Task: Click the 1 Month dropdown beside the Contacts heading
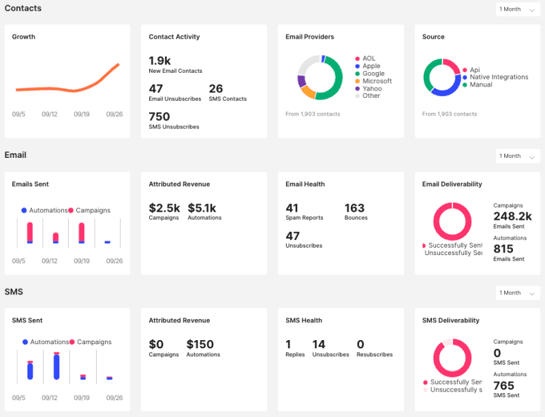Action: click(518, 10)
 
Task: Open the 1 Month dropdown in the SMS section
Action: click(518, 293)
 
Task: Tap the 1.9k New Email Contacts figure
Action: click(159, 61)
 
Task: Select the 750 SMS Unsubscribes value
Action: click(159, 117)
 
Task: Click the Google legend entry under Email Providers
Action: click(373, 73)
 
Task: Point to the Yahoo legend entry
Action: click(372, 88)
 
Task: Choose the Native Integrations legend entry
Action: click(499, 78)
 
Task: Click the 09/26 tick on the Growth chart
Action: click(114, 114)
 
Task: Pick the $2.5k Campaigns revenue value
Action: click(164, 208)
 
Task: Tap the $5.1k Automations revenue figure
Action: click(202, 208)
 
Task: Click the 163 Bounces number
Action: click(354, 208)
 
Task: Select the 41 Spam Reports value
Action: click(292, 208)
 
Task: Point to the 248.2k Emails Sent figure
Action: click(512, 216)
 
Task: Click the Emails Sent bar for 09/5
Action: click(29, 233)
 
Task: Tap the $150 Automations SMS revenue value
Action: click(200, 345)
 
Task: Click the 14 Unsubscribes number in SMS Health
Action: click(319, 345)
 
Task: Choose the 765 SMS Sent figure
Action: click(503, 386)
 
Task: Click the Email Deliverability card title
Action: click(452, 184)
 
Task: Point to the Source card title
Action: click(433, 37)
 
